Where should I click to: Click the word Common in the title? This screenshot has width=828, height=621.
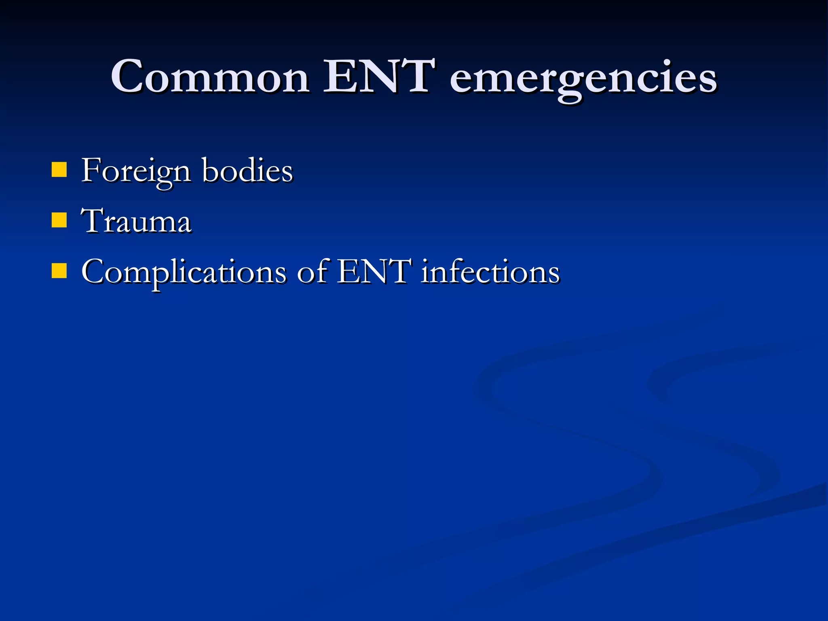(210, 77)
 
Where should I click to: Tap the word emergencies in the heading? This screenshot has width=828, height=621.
(583, 79)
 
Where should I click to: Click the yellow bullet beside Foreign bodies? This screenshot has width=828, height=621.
(59, 170)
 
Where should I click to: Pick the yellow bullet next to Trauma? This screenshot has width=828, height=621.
(59, 221)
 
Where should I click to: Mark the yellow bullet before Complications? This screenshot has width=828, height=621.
(59, 271)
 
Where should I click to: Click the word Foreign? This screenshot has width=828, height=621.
(136, 171)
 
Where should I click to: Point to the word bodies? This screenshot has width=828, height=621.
(247, 170)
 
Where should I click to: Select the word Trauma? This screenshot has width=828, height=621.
(136, 221)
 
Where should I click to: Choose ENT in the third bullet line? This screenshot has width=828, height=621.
(374, 271)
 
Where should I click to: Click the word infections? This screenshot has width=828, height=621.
(490, 271)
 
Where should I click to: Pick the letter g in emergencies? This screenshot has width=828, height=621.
(570, 83)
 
